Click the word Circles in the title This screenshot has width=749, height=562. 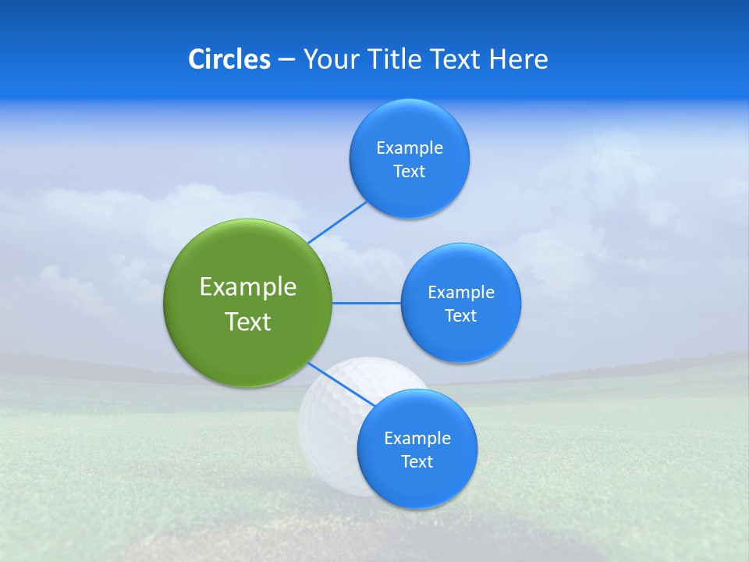coord(229,59)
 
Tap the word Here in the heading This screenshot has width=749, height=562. coord(518,59)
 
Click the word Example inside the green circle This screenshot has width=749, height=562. coord(248,286)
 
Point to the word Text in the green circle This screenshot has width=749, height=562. coord(248,322)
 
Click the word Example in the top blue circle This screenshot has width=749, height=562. coord(409,148)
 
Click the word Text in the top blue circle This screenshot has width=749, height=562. coord(409,172)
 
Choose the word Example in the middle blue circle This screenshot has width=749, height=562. coord(460,292)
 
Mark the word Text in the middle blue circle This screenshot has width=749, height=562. coord(460,316)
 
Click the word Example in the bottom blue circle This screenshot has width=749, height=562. coord(417,438)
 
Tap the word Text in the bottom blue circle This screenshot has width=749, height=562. coord(417,462)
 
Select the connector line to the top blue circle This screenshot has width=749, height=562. coord(338,222)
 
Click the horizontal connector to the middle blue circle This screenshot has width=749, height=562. coord(367,303)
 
